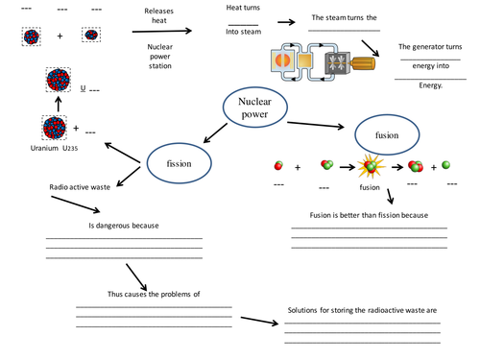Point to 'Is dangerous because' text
click(x=124, y=226)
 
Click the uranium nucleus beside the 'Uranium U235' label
click(x=55, y=127)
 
